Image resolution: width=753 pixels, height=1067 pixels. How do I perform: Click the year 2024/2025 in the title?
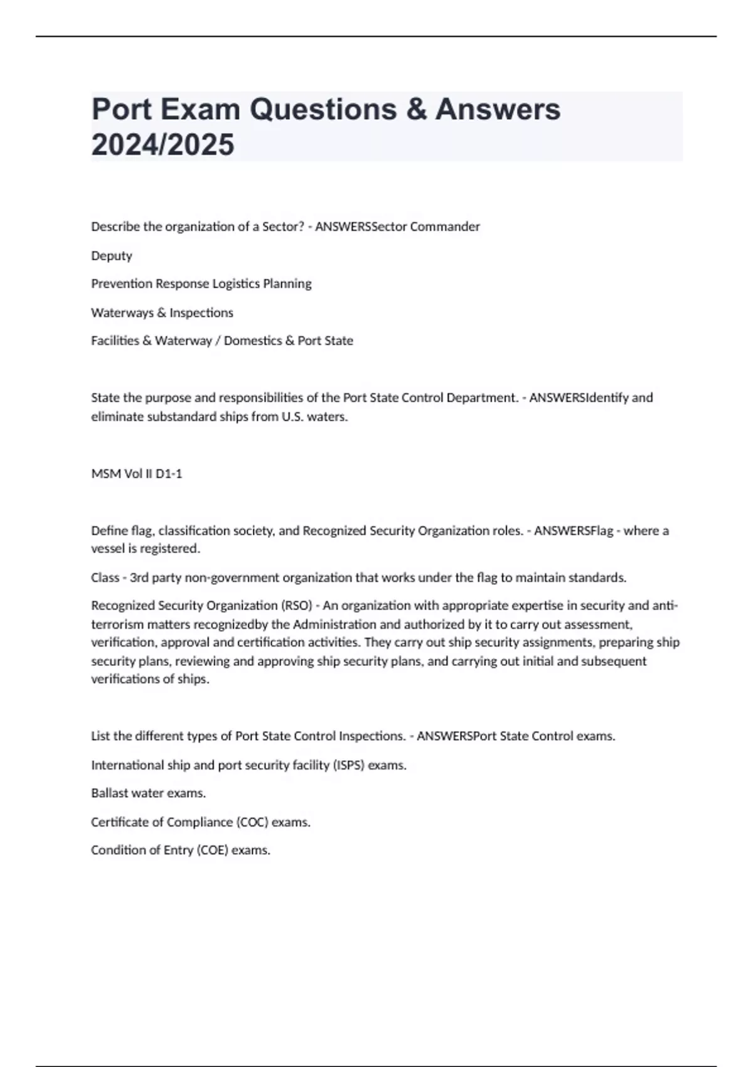163,144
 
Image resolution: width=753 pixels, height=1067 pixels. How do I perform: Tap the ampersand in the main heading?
416,109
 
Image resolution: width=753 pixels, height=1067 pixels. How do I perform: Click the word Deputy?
112,256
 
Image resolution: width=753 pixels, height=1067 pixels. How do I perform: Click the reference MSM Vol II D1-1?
137,474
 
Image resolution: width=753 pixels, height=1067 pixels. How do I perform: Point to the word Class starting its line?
105,577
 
